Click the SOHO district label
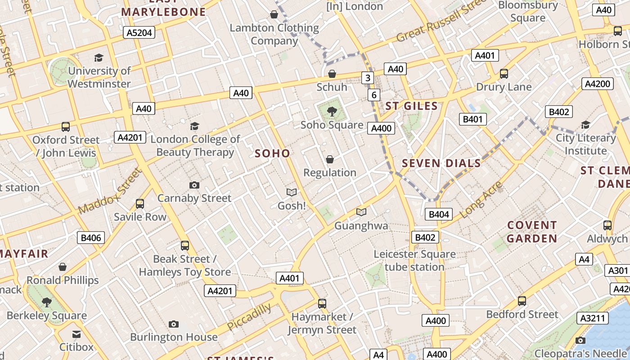pyautogui.click(x=272, y=153)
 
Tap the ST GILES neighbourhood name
pyautogui.click(x=411, y=106)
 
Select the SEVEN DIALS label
pyautogui.click(x=441, y=163)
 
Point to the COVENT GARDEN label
pyautogui.click(x=532, y=232)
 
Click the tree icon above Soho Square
pyautogui.click(x=332, y=111)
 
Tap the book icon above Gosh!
pyautogui.click(x=292, y=192)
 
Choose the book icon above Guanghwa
pyautogui.click(x=361, y=212)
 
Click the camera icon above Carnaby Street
pyautogui.click(x=194, y=185)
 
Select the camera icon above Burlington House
pyautogui.click(x=174, y=324)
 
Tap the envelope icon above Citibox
pyautogui.click(x=76, y=334)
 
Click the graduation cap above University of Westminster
pyautogui.click(x=99, y=58)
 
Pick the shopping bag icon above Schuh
pyautogui.click(x=332, y=74)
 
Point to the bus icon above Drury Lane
pyautogui.click(x=504, y=73)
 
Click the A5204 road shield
pyautogui.click(x=139, y=32)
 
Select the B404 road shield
pyautogui.click(x=439, y=214)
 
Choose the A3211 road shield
pyautogui.click(x=593, y=318)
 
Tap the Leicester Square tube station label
pyautogui.click(x=414, y=261)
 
